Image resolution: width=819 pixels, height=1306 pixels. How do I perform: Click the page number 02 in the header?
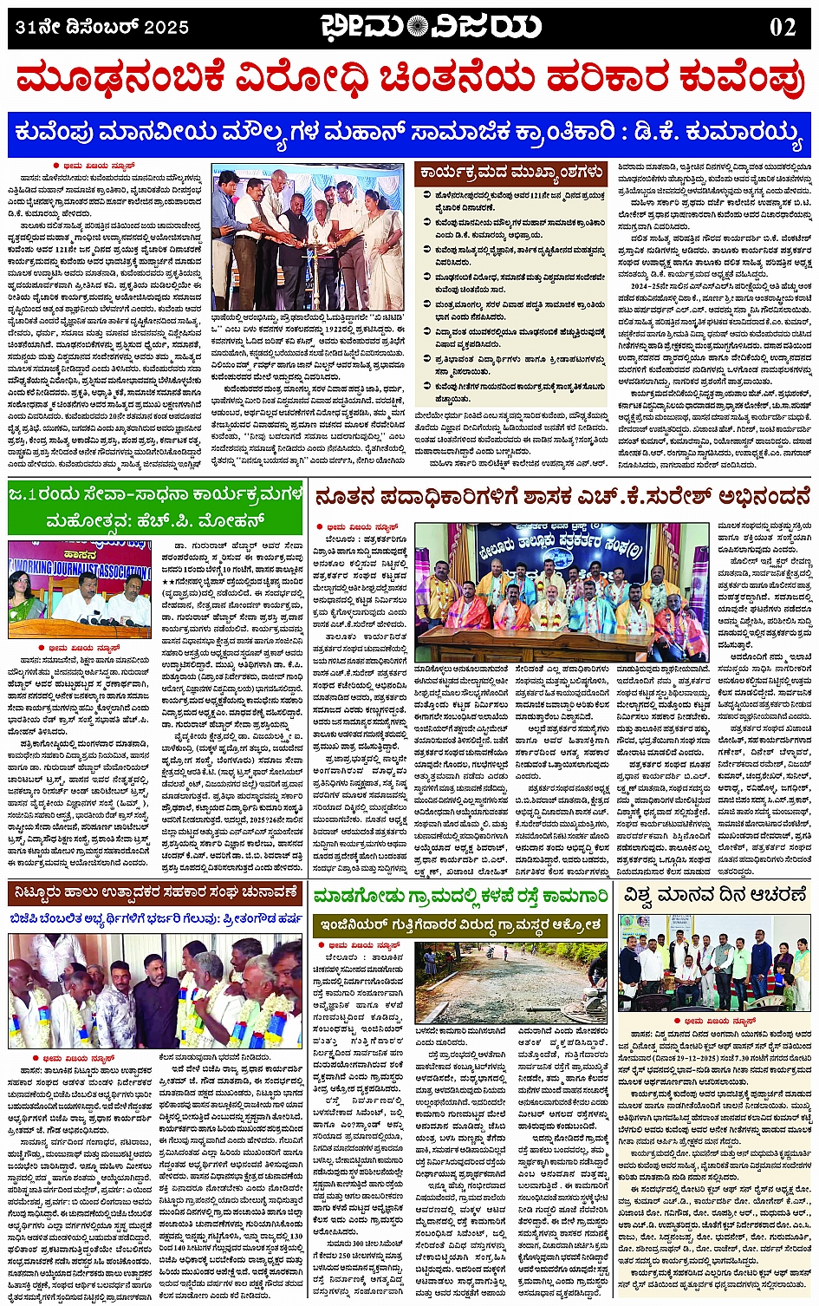point(783,27)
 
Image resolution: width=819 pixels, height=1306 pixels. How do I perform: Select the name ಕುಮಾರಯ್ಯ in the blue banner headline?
point(746,134)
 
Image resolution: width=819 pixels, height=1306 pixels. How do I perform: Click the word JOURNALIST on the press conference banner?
point(78,571)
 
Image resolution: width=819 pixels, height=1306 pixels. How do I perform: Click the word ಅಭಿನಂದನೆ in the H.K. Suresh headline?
point(754,498)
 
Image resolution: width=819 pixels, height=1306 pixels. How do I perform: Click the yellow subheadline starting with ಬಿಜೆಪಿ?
point(156,918)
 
